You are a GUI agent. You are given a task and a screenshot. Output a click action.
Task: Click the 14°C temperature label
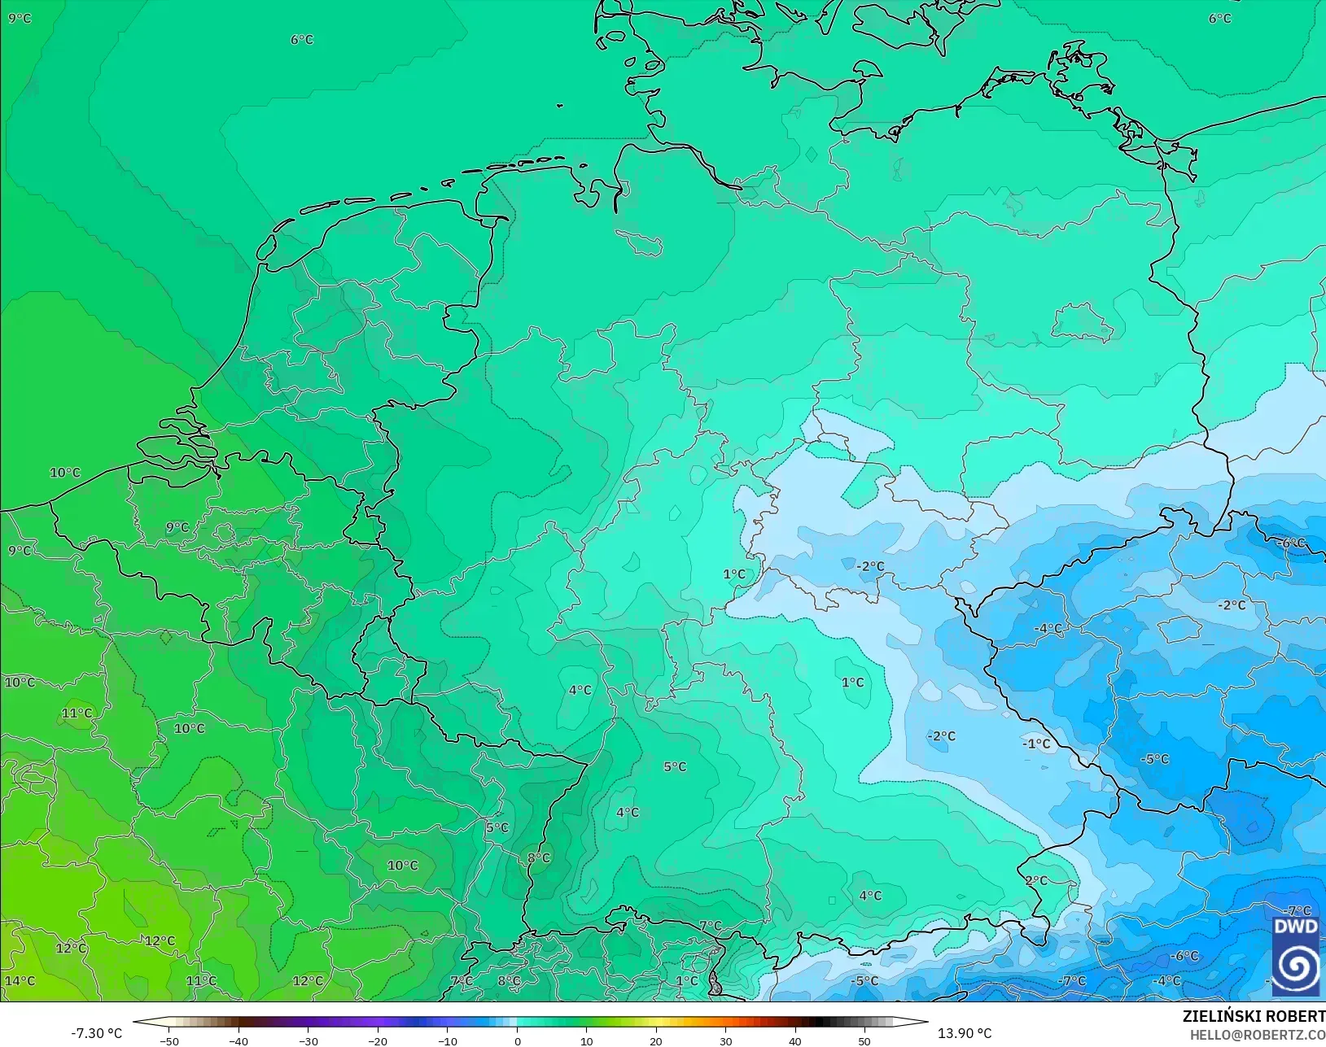click(20, 980)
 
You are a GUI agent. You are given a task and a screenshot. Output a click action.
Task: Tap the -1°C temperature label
click(1036, 744)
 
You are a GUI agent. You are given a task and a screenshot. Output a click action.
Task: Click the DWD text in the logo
click(1295, 927)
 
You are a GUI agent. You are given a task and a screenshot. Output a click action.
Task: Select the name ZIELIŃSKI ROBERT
click(1254, 1016)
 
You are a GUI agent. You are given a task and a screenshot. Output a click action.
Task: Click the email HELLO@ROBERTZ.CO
click(1258, 1035)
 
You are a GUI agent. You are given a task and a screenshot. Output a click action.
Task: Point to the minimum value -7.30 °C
click(96, 1033)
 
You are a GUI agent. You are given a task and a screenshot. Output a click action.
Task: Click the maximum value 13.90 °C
click(965, 1033)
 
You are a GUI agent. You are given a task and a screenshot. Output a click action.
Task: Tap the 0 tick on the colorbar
click(517, 1041)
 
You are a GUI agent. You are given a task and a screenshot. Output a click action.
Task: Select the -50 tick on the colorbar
click(168, 1041)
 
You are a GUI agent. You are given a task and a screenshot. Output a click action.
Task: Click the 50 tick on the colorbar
click(864, 1041)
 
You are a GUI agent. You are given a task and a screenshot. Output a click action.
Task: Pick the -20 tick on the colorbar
click(377, 1041)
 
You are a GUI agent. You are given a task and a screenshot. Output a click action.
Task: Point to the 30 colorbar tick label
click(725, 1041)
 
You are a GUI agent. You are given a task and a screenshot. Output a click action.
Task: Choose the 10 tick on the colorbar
click(586, 1041)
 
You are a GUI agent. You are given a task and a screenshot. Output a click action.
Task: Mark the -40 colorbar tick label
click(238, 1041)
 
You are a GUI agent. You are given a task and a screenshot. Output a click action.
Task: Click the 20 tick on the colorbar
click(656, 1041)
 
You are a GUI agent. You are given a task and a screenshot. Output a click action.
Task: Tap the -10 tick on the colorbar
click(447, 1041)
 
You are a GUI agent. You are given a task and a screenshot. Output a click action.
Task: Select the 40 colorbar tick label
click(795, 1041)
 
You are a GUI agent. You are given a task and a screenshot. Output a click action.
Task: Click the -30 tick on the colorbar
click(308, 1041)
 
